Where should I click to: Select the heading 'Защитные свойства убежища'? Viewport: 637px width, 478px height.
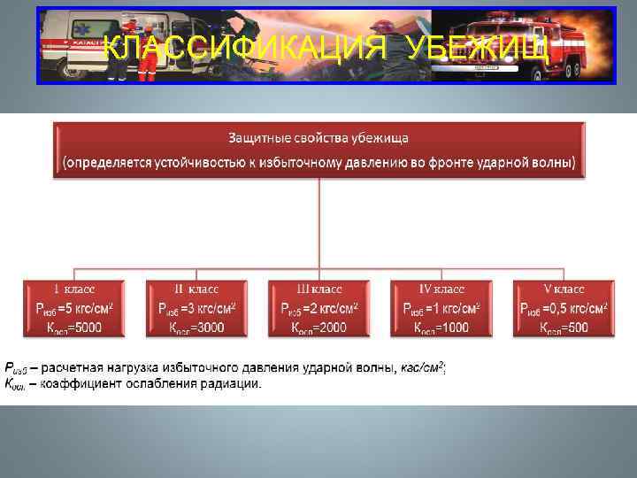point(318,139)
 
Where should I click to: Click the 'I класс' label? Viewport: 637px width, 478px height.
point(74,289)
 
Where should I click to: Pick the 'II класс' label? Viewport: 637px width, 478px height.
point(196,289)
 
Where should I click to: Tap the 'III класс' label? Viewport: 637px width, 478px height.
point(318,289)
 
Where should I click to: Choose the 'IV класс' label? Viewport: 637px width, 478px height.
point(441,289)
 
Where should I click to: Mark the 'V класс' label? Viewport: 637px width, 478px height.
point(563,289)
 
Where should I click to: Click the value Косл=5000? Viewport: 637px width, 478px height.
point(74,328)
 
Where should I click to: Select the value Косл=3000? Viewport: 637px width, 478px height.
point(196,328)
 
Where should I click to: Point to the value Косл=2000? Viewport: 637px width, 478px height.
point(318,328)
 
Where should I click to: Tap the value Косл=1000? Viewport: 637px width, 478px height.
point(441,328)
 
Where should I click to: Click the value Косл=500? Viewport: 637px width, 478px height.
point(563,328)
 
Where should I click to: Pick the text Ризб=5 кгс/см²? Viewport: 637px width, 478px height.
point(74,308)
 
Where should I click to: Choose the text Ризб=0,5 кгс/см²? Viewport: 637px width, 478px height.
point(563,308)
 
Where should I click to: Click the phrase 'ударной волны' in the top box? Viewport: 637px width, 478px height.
point(530,163)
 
